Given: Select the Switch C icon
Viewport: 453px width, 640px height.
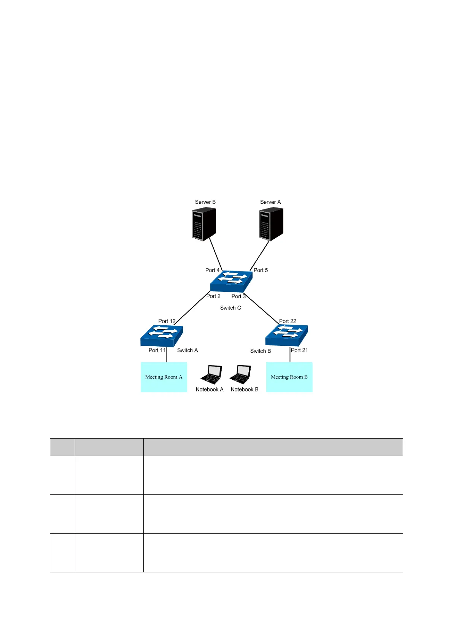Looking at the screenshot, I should click(x=231, y=282).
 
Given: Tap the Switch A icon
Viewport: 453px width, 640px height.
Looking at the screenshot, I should click(x=162, y=336).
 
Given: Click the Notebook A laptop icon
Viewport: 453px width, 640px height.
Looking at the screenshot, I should click(x=211, y=375).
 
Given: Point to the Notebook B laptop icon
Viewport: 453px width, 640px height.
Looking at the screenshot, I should click(x=240, y=375).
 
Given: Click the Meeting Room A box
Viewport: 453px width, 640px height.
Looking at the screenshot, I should click(x=164, y=377).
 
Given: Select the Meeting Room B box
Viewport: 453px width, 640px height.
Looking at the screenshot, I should click(x=289, y=377).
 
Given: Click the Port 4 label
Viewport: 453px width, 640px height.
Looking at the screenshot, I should click(x=212, y=270).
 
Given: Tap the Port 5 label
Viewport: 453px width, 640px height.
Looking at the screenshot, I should click(x=261, y=270).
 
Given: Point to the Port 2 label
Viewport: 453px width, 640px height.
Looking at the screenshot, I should click(x=213, y=296).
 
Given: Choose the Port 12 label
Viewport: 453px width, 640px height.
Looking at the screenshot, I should click(x=167, y=321).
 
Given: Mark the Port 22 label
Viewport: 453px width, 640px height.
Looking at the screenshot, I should click(x=288, y=321).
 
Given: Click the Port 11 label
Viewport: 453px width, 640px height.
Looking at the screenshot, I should click(x=157, y=350).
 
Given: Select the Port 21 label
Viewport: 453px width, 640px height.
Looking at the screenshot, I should click(x=299, y=350).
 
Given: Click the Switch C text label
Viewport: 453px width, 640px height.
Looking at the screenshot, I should click(x=230, y=308).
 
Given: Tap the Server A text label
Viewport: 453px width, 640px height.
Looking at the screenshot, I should click(x=270, y=202).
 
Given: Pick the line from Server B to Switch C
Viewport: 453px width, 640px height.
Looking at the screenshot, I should click(x=215, y=254).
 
